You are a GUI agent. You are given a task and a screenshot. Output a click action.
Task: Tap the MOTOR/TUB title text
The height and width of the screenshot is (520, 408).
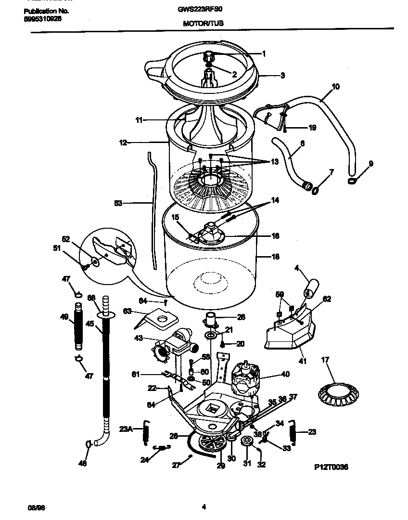coord(204,23)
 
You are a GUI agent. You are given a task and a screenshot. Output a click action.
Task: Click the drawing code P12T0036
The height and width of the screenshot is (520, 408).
coord(331,467)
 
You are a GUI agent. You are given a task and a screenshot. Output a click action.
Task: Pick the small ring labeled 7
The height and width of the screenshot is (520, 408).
coord(315,191)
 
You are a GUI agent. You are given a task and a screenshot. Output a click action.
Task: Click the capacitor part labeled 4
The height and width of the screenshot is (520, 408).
coord(310,287)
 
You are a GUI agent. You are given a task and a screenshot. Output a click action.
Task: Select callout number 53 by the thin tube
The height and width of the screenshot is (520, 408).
coord(118,204)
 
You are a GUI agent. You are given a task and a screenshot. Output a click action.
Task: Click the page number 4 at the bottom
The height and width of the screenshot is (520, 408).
coord(204,506)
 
